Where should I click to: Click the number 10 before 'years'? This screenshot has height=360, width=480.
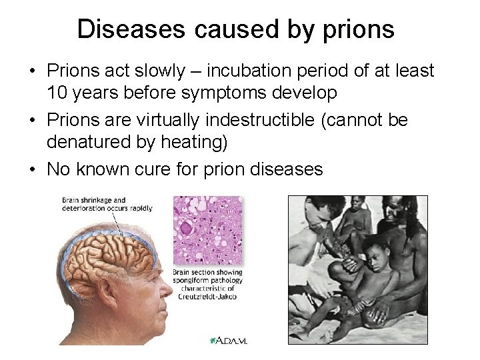coord(58,93)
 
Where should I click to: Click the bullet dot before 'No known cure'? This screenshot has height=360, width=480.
coord(31,170)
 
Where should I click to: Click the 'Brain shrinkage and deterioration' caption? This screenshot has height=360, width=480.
coord(107,203)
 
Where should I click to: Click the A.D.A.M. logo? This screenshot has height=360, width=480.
coord(229,340)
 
